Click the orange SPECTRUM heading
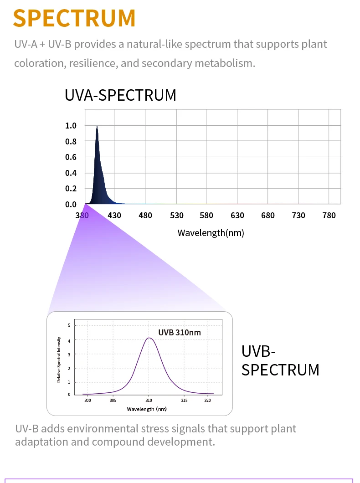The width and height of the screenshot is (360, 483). [74, 18]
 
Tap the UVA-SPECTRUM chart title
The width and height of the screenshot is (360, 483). [120, 95]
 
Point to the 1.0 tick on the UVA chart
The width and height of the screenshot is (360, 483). [71, 126]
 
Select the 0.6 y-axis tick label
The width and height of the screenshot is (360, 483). [71, 157]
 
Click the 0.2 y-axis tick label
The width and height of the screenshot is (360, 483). [71, 189]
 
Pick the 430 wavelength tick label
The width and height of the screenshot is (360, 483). [114, 216]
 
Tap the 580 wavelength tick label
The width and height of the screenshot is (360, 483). [206, 216]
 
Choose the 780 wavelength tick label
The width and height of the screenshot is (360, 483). [329, 216]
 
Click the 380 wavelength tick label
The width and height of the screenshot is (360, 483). [82, 216]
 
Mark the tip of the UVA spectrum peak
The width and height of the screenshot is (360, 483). [97, 127]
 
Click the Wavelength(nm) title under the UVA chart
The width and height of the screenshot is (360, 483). [211, 233]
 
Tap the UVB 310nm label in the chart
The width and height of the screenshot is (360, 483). [180, 332]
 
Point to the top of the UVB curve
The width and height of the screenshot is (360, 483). [149, 338]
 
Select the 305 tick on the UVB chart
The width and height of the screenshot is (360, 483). [113, 401]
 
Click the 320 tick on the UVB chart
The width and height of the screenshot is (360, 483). [207, 401]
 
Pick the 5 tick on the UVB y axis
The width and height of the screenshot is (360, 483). [69, 325]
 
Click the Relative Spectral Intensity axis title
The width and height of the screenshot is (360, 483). [59, 360]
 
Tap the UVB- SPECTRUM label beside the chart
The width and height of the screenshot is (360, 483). [280, 360]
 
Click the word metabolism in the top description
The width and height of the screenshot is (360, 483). [224, 63]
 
